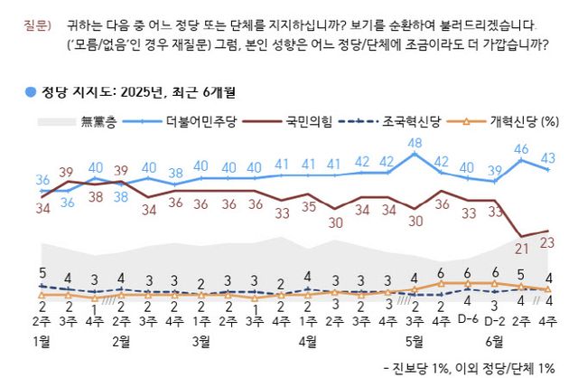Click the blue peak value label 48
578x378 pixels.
click(415, 144)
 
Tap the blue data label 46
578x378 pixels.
click(521, 148)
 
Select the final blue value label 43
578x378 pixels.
click(547, 158)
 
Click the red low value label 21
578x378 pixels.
click(521, 247)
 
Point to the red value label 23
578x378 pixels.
click(547, 242)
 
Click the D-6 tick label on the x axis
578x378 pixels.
click(468, 319)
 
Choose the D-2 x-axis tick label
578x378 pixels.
click(494, 319)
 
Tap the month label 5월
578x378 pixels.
click(415, 341)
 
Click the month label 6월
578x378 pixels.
click(494, 341)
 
